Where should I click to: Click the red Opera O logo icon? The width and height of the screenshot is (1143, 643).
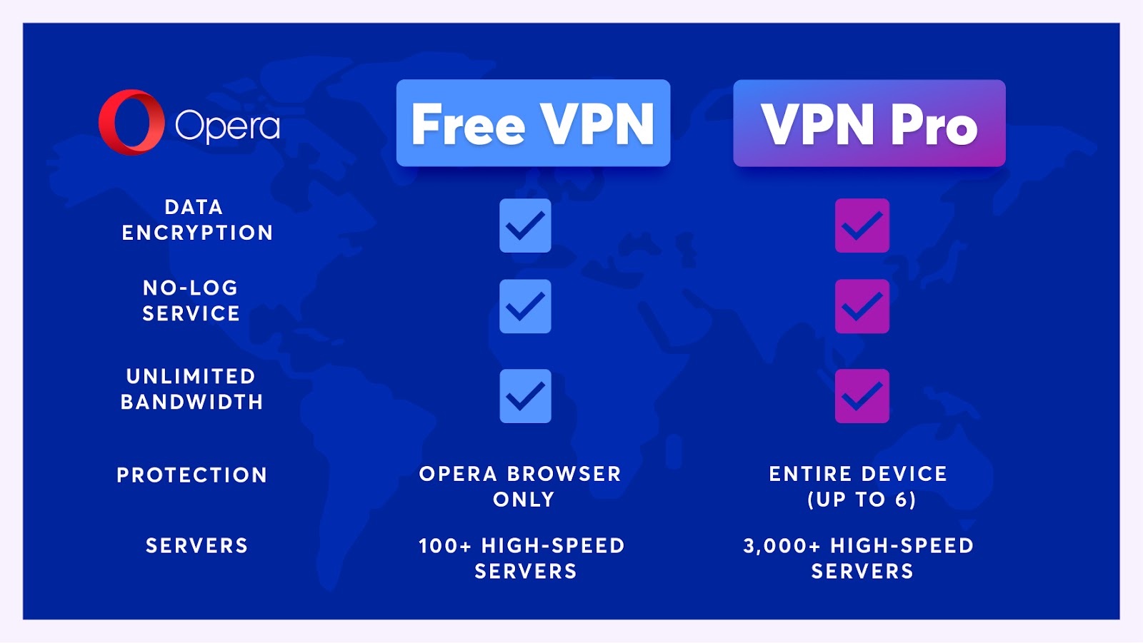131,122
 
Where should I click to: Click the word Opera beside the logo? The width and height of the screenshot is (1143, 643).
227,126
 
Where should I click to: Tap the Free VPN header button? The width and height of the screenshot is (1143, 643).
533,123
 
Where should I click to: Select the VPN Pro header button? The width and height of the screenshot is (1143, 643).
869,123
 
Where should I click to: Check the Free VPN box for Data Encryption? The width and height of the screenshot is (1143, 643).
525,226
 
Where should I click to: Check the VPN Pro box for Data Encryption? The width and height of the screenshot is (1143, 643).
862,226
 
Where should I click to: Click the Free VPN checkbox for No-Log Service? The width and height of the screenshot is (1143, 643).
525,306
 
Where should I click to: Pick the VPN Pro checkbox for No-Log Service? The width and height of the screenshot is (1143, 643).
862,306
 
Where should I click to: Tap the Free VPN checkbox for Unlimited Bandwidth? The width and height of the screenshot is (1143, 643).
525,396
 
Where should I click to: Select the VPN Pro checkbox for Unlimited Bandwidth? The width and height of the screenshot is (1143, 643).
862,396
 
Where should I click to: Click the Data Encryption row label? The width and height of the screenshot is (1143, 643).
197,220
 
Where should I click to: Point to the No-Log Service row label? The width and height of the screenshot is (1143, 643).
191,300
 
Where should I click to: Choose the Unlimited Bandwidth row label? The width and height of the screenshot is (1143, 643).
191,389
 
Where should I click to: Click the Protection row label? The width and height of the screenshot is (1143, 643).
191,475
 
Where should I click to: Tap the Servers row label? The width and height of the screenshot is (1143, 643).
196,546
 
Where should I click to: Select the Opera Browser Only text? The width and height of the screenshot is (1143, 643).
521,486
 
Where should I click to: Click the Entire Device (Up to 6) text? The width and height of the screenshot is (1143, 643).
859,486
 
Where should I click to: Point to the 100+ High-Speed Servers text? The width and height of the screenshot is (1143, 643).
522,558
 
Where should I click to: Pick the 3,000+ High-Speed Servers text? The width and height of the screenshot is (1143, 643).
859,558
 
